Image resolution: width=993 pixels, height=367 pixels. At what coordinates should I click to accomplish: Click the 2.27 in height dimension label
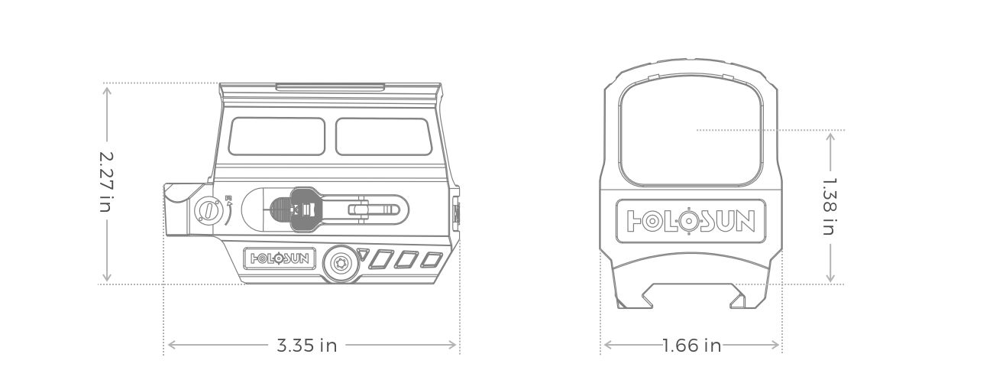click(106, 182)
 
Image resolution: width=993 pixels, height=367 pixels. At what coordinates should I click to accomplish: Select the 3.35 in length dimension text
click(306, 346)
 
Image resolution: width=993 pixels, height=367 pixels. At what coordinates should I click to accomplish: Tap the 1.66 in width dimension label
click(691, 346)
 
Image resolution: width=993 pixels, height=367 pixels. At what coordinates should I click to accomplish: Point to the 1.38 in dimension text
click(830, 206)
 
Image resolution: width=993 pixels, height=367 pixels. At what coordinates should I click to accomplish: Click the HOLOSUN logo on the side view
click(280, 258)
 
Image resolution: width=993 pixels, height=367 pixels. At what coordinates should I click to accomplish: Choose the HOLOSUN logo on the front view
click(691, 221)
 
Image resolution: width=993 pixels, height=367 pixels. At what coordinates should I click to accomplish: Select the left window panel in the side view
click(279, 136)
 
